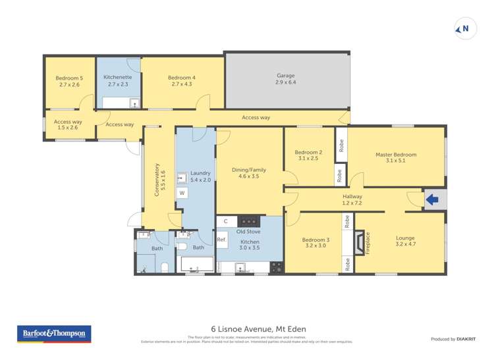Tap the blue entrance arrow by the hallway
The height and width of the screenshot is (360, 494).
coord(433,199)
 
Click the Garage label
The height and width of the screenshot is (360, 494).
coord(286,76)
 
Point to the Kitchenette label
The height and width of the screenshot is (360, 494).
coord(119,78)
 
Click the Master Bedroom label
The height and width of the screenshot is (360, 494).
coord(396,155)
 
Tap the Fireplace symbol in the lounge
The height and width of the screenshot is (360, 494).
coord(360,243)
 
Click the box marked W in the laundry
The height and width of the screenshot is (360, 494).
coord(182,193)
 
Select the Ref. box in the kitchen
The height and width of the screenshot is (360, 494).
coord(222,240)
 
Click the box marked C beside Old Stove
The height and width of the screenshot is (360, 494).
coord(225,221)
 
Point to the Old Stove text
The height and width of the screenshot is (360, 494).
coord(250,231)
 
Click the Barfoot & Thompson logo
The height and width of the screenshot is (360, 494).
coord(54,334)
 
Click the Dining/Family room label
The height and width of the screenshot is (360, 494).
coord(249,170)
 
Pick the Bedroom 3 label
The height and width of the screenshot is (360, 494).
coord(316,240)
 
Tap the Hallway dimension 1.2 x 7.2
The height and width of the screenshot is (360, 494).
coord(352,203)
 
